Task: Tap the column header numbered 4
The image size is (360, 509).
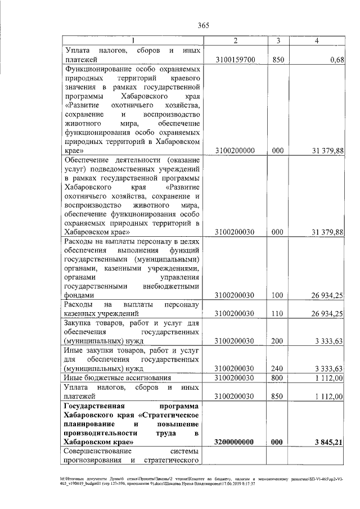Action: point(318,41)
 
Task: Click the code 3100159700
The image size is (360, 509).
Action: point(236,59)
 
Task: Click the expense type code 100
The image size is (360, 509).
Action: point(276,295)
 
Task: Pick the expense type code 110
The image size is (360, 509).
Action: point(276,314)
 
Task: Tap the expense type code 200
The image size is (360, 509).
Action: point(276,341)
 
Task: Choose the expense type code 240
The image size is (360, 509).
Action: point(276,368)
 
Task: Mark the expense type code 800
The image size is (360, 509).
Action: point(276,378)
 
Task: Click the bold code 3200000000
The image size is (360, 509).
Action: point(236,442)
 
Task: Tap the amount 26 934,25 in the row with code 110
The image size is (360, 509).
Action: point(328,314)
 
